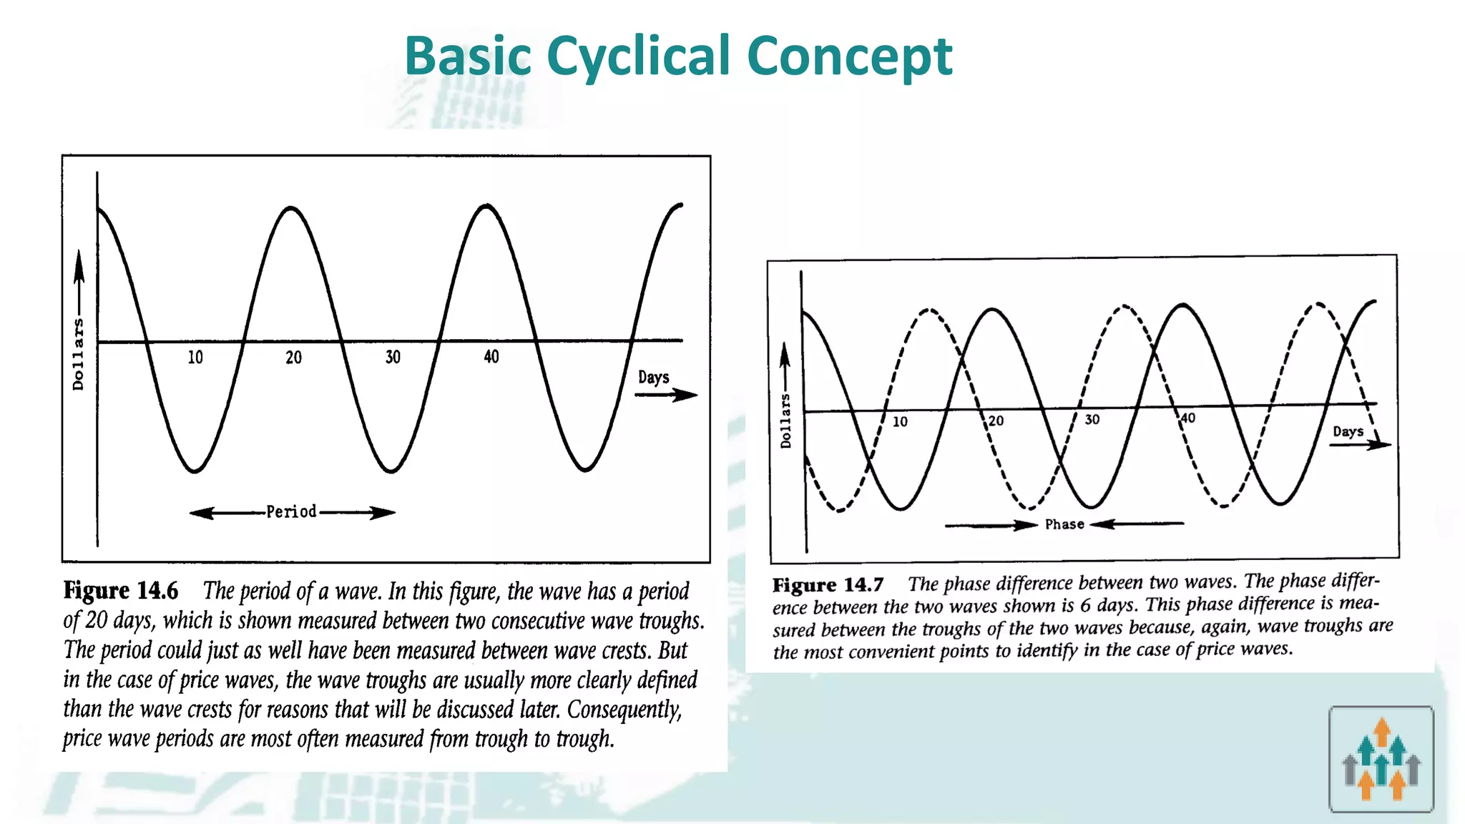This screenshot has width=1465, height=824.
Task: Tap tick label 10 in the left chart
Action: tap(195, 358)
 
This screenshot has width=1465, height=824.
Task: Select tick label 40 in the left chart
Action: tap(491, 357)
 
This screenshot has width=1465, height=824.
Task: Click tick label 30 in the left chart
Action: tap(393, 358)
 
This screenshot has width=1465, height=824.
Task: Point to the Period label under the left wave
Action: tap(291, 512)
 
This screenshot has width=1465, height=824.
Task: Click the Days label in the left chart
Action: tap(653, 378)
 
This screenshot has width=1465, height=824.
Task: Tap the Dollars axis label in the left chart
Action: tap(78, 354)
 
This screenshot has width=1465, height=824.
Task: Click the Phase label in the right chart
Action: tap(1064, 524)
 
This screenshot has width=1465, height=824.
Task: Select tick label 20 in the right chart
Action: tap(996, 421)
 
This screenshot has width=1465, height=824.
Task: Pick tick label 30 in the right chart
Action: tap(1092, 420)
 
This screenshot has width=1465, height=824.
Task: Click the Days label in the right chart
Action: tap(1348, 432)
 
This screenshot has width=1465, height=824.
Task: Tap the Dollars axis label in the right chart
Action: tap(785, 421)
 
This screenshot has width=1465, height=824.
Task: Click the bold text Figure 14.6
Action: tap(120, 591)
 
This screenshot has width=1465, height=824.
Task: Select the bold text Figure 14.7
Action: tap(828, 585)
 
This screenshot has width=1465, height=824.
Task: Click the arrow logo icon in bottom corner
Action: tap(1381, 759)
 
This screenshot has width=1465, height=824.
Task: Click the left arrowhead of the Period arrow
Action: tap(201, 513)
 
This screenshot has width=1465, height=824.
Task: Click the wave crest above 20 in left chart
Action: tap(291, 208)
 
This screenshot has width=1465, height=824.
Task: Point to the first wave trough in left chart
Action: tap(195, 471)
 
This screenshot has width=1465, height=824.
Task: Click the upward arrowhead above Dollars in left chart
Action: tap(79, 263)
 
